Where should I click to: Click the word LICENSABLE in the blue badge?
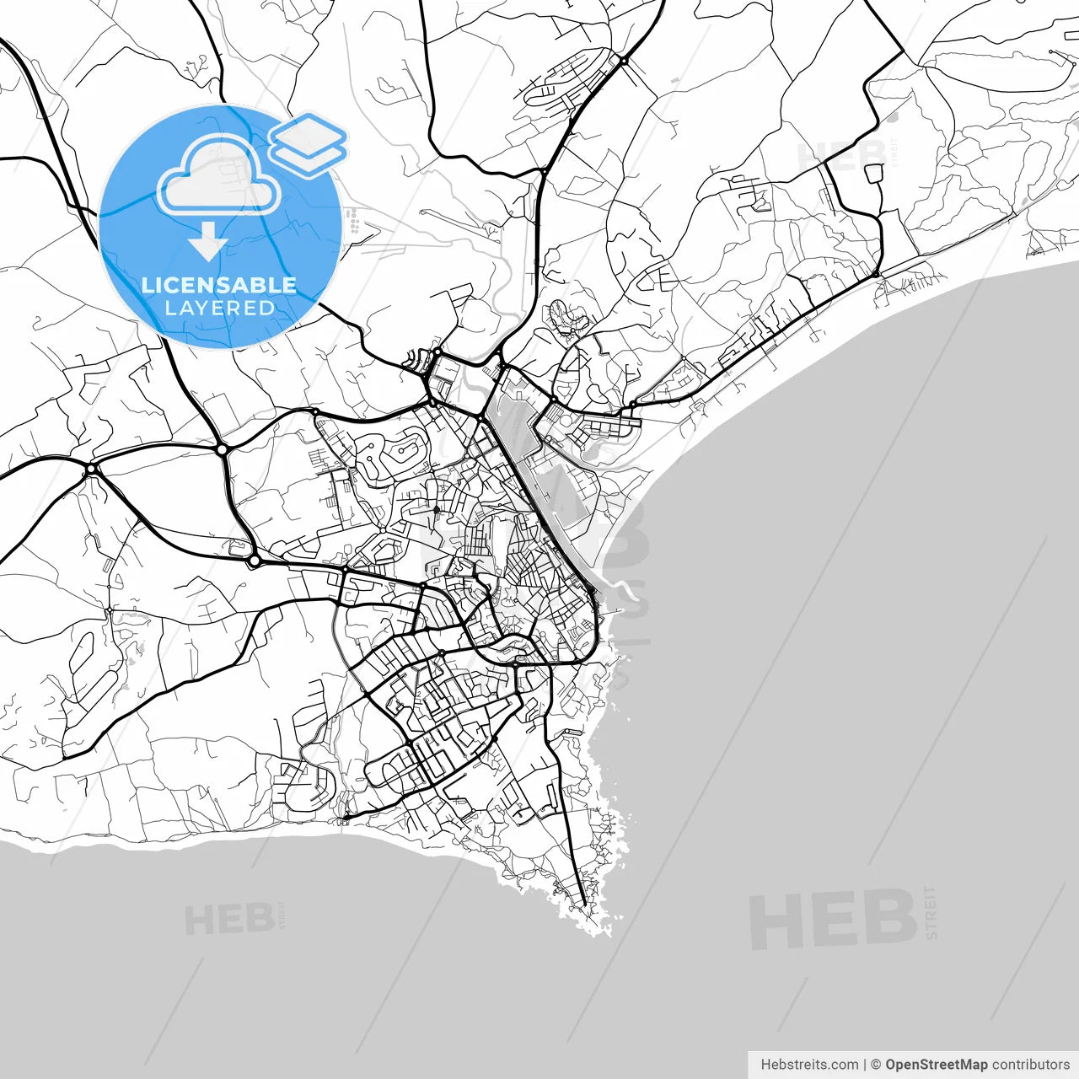pos(219,285)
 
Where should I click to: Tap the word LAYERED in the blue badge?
pos(219,309)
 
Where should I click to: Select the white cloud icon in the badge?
pos(219,175)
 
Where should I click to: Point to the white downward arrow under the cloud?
pos(207,242)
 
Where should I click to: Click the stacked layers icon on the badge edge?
pos(309,143)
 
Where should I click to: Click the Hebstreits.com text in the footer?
pos(809,1065)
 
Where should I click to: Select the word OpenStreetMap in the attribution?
pos(936,1065)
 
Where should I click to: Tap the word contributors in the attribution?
pos(1031,1065)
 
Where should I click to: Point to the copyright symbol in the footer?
pos(876,1065)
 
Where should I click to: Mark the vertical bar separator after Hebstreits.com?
pos(865,1065)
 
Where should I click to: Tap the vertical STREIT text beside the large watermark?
pos(931,912)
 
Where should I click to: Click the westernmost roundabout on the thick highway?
pos(91,469)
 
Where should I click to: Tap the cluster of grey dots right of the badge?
pos(354,221)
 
